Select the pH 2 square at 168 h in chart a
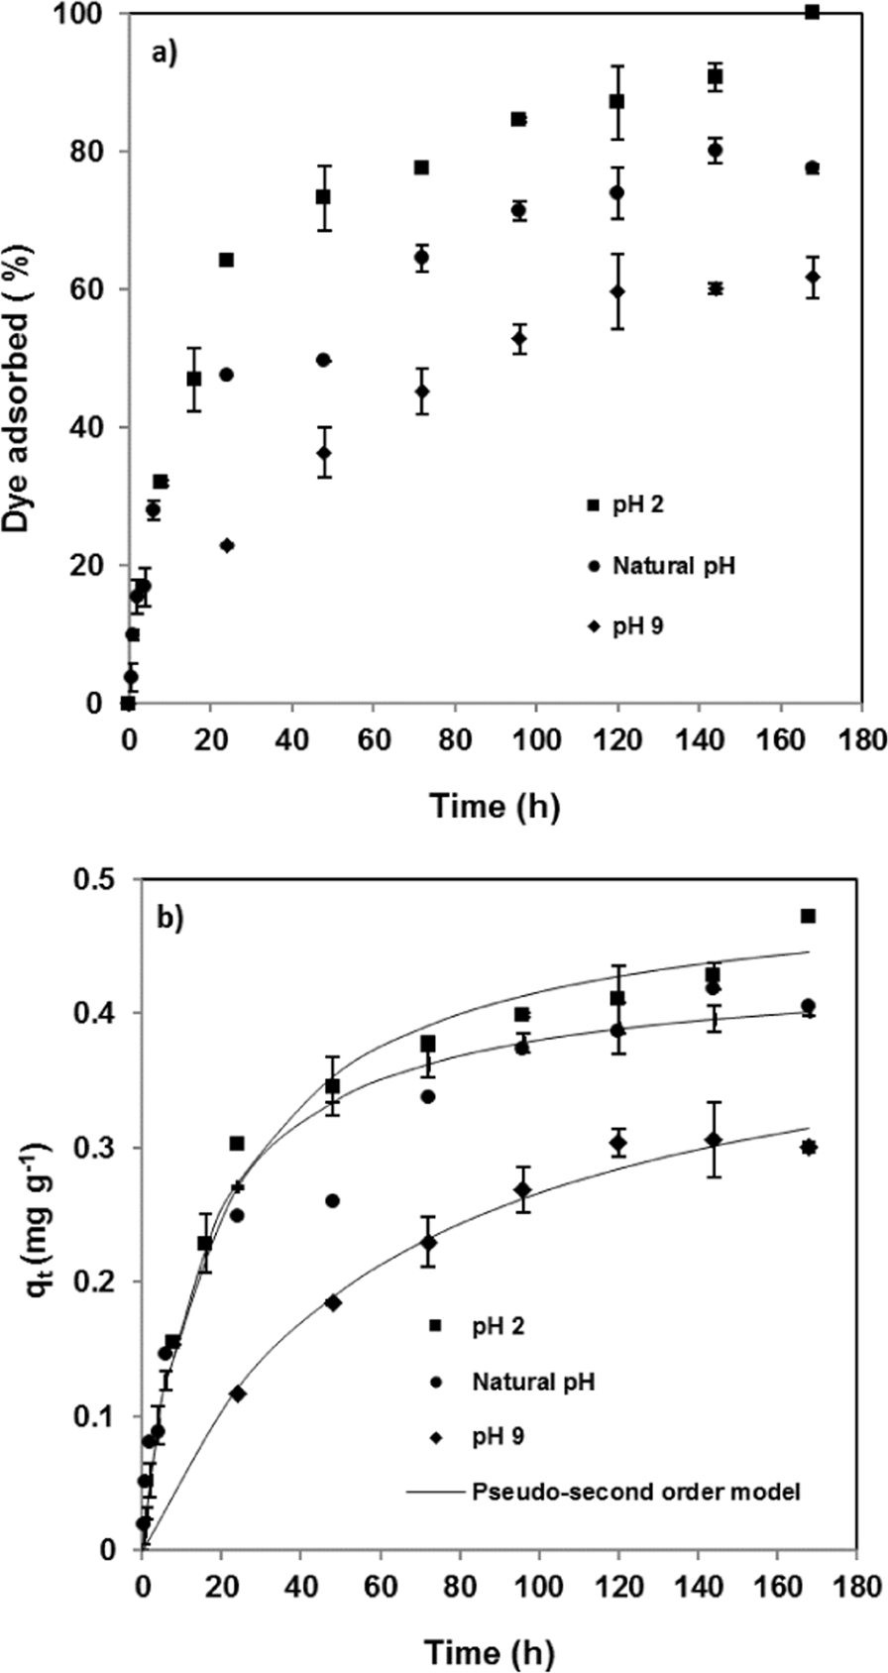pos(813,12)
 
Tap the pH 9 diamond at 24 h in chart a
pos(227,545)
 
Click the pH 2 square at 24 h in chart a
pos(226,260)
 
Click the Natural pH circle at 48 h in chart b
pos(333,1200)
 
